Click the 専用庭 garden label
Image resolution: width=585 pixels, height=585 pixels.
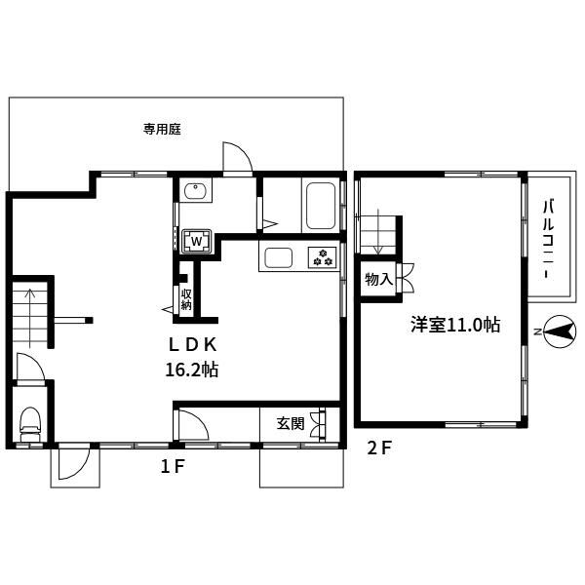point(163,128)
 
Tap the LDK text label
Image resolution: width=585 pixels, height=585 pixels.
point(198,344)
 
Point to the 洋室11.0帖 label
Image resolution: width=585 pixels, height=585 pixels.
point(454,326)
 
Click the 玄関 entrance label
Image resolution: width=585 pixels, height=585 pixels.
point(290,423)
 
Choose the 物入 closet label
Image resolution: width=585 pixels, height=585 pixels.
point(378,280)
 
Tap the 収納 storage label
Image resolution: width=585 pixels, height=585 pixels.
point(186,298)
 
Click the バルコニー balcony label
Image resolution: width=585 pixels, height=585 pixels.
point(549,239)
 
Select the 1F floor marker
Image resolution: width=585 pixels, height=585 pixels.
point(173,467)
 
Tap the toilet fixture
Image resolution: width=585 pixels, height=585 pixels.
point(30,420)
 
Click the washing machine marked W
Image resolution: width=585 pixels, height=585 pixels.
point(197,240)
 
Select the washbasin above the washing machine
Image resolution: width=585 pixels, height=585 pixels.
point(194,191)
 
